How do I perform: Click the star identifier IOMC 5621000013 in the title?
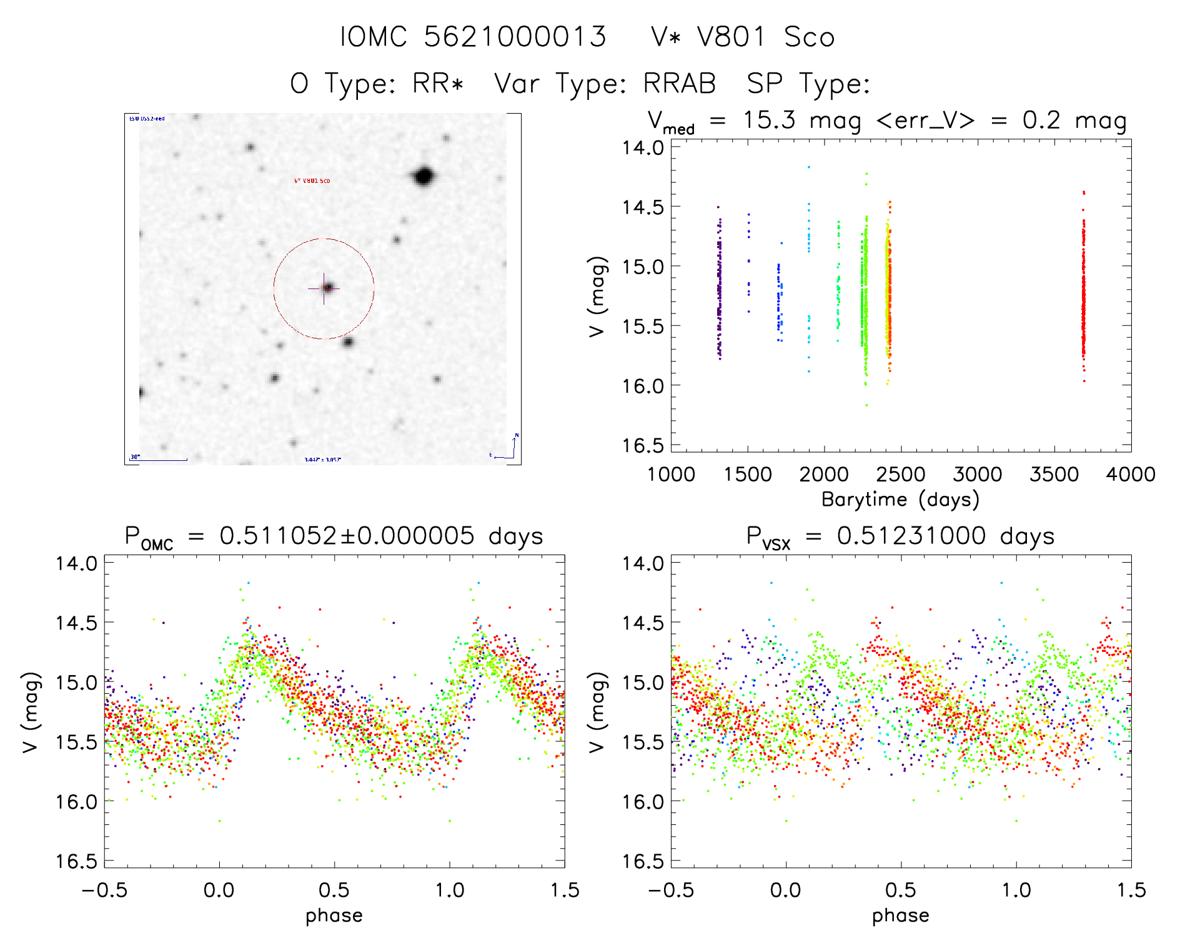tap(473, 37)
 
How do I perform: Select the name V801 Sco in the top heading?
tap(765, 37)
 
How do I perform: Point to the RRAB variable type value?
tap(680, 83)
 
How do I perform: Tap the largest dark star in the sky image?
tap(424, 176)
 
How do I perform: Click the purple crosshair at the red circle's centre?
tap(324, 289)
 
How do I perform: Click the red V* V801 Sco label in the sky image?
tap(312, 181)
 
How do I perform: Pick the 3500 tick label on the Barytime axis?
tap(1054, 475)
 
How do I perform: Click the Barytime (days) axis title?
tap(900, 500)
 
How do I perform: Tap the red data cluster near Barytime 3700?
tap(1084, 294)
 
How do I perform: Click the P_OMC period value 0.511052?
tap(278, 536)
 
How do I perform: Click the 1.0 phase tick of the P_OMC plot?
tap(449, 890)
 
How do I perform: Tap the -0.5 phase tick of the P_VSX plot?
tap(672, 890)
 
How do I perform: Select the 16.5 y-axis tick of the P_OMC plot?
tap(77, 862)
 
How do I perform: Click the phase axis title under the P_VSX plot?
tap(900, 916)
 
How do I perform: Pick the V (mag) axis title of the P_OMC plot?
tap(31, 712)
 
